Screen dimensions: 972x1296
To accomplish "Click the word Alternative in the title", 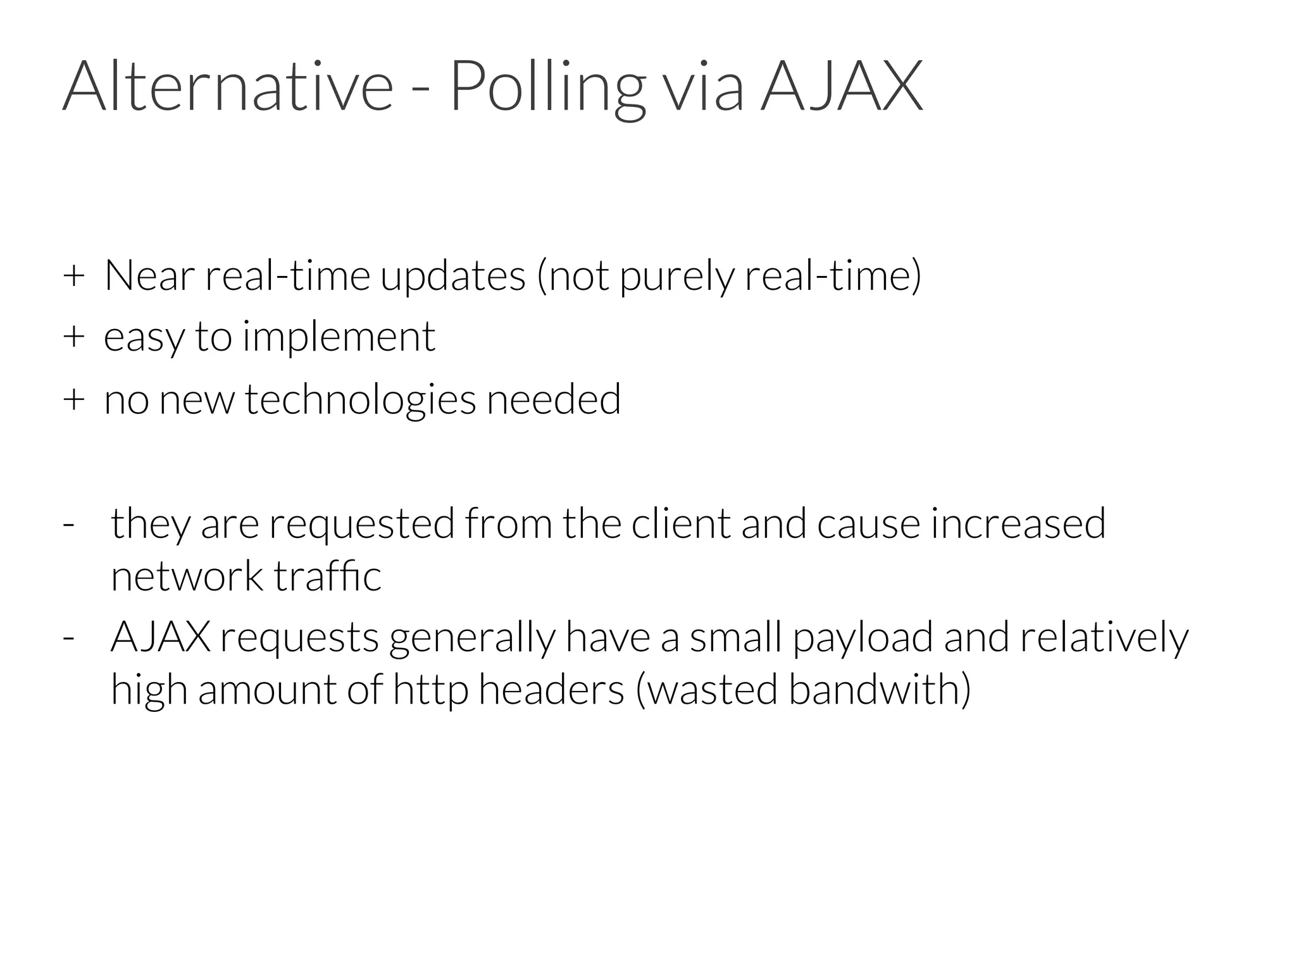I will pos(228,86).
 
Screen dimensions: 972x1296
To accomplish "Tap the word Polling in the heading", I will pos(548,87).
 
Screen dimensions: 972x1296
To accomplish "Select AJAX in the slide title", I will pos(842,86).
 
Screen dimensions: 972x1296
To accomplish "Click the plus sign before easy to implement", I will pos(73,337).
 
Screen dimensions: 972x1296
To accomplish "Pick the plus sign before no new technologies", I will pos(73,400).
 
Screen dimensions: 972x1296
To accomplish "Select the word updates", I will pos(453,277).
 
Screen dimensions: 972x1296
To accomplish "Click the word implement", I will pos(339,337).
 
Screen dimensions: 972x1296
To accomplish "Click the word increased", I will pos(1018,524).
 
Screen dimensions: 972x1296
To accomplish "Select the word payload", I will pos(863,638).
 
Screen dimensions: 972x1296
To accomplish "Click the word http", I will pos(430,690).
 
